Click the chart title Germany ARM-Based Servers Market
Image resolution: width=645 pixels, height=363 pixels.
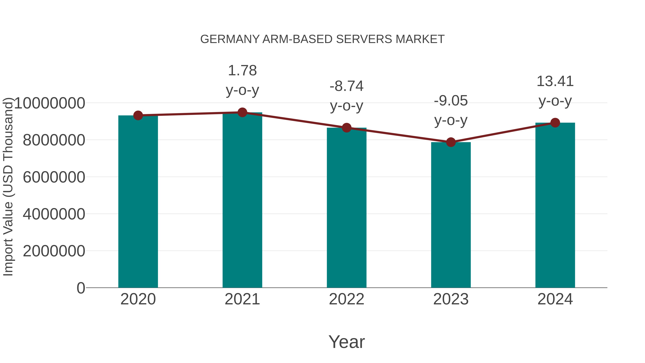pos(322,39)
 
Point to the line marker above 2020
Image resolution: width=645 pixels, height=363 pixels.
pos(138,115)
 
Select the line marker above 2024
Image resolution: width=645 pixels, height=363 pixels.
pos(555,123)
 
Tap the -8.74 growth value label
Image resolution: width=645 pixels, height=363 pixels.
pos(347,86)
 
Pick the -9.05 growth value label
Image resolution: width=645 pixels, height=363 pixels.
pos(451,101)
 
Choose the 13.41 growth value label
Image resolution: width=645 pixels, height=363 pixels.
pos(555,82)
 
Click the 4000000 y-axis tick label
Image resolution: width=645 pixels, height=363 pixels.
pos(54,214)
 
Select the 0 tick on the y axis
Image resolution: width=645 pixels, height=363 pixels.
pos(81,288)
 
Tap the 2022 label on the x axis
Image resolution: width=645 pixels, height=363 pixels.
pos(347,299)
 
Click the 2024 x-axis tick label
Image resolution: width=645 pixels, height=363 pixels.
pos(555,299)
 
